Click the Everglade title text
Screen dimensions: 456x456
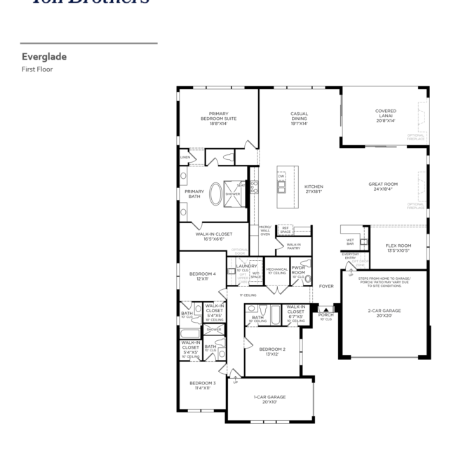(x=43, y=57)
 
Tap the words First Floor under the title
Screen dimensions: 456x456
(x=36, y=69)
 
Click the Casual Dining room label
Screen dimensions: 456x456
(x=300, y=117)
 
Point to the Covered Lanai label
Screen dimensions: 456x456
(x=385, y=115)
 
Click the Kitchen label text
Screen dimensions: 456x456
(x=314, y=189)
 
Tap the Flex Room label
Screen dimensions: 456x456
(x=398, y=248)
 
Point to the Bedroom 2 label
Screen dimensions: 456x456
(x=271, y=351)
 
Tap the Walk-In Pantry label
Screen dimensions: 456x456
(x=293, y=246)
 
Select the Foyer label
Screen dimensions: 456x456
(x=326, y=286)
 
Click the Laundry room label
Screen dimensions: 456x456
(x=246, y=266)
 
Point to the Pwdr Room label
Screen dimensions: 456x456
(x=297, y=269)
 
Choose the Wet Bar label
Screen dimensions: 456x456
(x=349, y=242)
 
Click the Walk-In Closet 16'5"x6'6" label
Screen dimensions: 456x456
(x=214, y=236)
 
